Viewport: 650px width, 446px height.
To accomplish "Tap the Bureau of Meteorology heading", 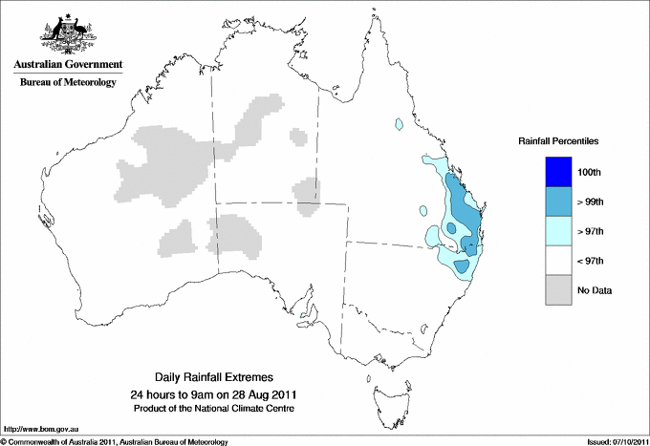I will (x=67, y=83).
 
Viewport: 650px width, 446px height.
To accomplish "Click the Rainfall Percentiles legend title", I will (x=558, y=140).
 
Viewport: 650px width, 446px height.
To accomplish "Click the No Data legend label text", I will (x=594, y=290).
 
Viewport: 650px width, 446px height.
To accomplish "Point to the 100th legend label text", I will (x=591, y=172).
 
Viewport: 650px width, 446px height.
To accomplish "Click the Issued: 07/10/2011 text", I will (x=612, y=441).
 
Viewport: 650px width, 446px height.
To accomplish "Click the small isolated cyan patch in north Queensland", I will (x=398, y=124).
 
